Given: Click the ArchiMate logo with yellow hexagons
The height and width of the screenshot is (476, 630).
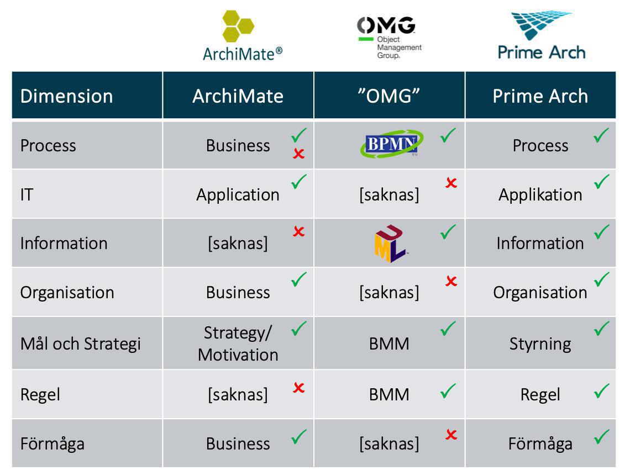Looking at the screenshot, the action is pyautogui.click(x=242, y=36).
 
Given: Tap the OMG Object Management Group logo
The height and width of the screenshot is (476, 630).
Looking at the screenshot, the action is pyautogui.click(x=390, y=38).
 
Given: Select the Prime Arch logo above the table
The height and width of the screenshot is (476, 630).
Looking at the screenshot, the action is pyautogui.click(x=541, y=35).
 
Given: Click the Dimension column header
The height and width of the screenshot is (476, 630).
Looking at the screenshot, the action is pyautogui.click(x=67, y=96).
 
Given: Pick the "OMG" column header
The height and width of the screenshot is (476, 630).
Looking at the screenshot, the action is pyautogui.click(x=389, y=96).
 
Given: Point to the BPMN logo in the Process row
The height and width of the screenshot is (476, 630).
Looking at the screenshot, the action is pyautogui.click(x=392, y=143).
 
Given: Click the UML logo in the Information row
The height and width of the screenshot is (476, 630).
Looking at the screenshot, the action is pyautogui.click(x=390, y=243).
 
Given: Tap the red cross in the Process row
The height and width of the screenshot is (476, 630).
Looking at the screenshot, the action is pyautogui.click(x=298, y=154).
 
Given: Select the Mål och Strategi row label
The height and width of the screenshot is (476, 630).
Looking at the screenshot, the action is pyautogui.click(x=80, y=343).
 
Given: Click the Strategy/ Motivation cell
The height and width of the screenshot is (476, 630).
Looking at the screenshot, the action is pyautogui.click(x=238, y=343).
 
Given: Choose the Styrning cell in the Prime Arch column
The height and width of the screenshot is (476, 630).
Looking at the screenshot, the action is pyautogui.click(x=540, y=344).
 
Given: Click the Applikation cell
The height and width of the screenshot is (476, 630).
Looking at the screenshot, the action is pyautogui.click(x=540, y=195).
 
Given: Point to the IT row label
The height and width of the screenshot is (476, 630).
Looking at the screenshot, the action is pyautogui.click(x=27, y=195).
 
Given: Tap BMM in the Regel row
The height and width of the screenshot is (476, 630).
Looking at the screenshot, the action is pyautogui.click(x=389, y=394).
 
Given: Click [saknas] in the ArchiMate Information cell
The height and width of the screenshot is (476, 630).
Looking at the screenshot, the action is pyautogui.click(x=238, y=243).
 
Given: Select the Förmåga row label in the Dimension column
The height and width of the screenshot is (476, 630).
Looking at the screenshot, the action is pyautogui.click(x=53, y=444).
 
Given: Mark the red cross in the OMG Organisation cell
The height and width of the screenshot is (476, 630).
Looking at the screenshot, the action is pyautogui.click(x=451, y=281).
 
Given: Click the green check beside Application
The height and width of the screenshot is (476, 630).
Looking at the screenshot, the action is pyautogui.click(x=299, y=182).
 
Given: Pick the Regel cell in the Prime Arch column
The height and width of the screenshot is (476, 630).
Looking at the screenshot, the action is pyautogui.click(x=540, y=394).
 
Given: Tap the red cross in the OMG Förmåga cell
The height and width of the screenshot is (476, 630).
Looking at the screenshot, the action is pyautogui.click(x=451, y=434).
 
